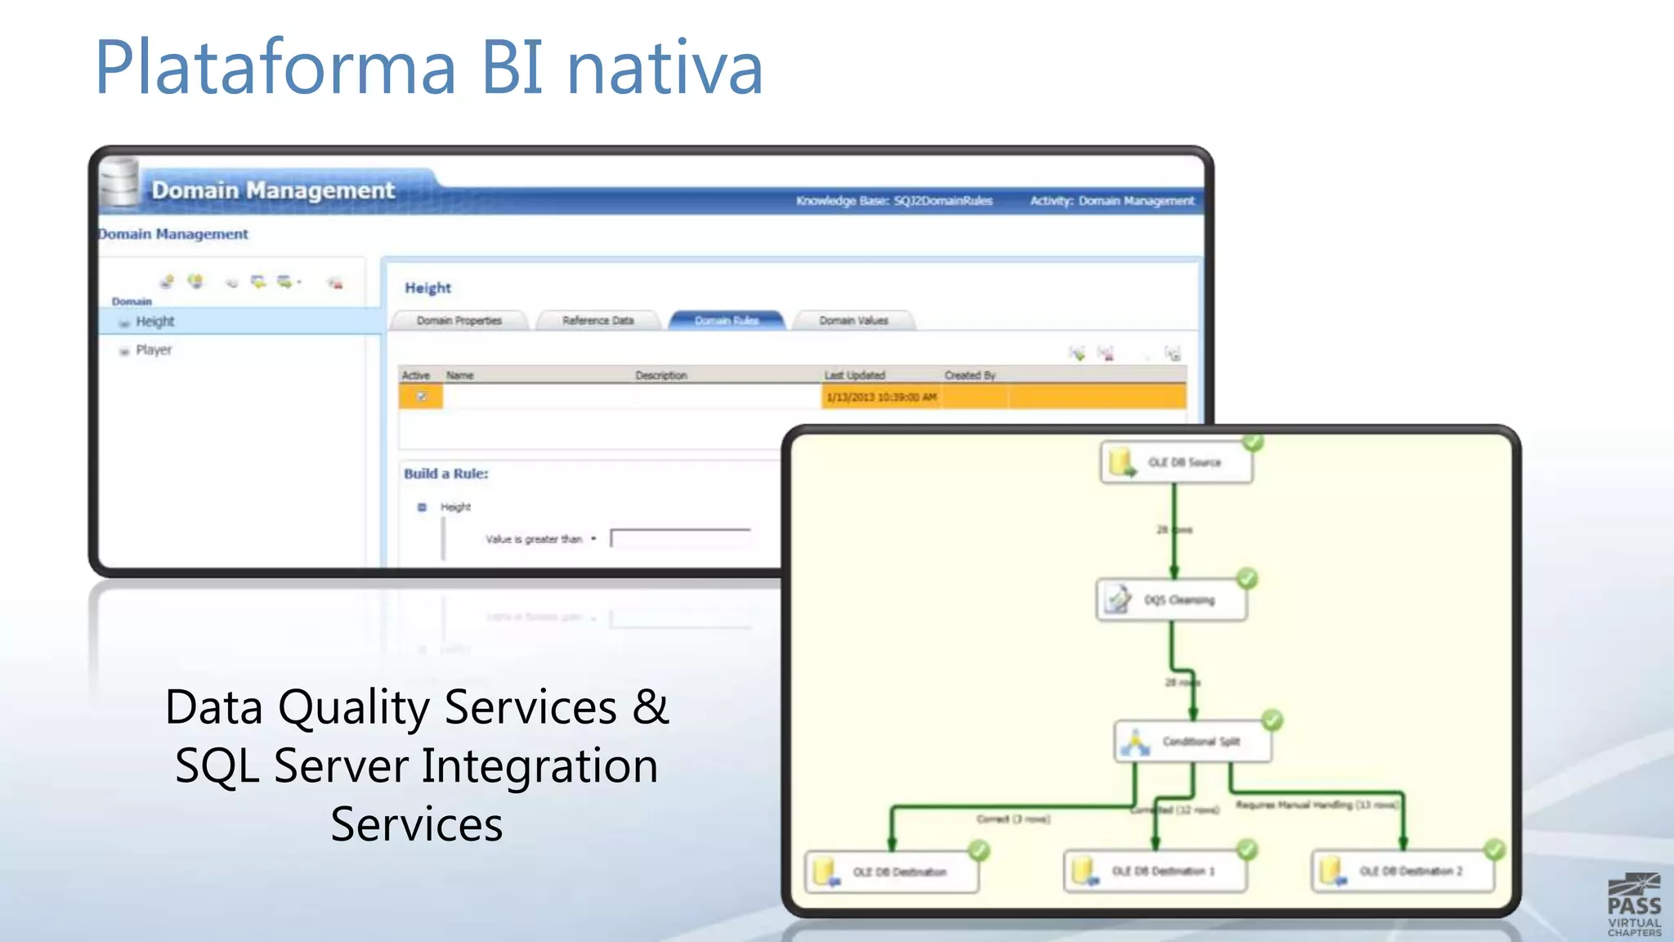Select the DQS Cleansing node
tap(1170, 600)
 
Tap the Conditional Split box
tap(1193, 742)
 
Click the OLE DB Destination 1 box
tap(1154, 872)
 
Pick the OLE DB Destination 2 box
tap(1403, 872)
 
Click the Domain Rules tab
tap(727, 321)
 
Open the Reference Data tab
tap(598, 321)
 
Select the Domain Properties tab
tap(459, 321)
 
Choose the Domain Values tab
tap(853, 321)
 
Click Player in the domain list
tap(154, 350)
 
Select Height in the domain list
tap(155, 321)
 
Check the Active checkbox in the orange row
tap(422, 397)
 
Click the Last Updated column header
tap(854, 375)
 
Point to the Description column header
tap(661, 375)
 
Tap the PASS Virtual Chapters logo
tap(1634, 905)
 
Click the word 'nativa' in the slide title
tap(665, 69)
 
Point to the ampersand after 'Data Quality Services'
tap(651, 706)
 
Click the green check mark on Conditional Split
tap(1272, 720)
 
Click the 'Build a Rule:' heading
tap(445, 473)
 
